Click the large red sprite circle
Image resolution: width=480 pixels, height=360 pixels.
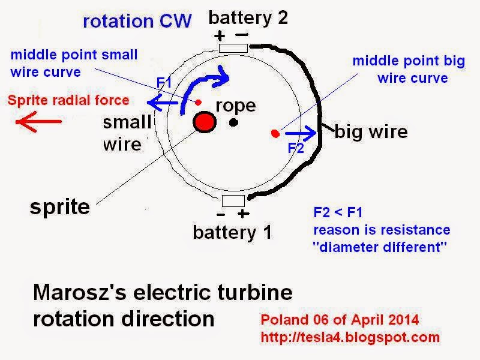204,122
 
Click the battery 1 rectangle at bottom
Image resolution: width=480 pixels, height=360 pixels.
232,200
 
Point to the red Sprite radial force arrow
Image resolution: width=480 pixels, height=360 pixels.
38,122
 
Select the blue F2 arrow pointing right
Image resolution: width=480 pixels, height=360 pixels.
298,133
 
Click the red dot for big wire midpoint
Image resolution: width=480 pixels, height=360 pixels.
275,133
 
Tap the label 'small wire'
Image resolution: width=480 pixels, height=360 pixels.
127,133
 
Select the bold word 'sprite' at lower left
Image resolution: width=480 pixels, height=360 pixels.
60,208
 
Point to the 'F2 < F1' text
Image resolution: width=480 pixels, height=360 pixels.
338,212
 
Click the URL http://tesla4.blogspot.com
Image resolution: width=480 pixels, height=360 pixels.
350,337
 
